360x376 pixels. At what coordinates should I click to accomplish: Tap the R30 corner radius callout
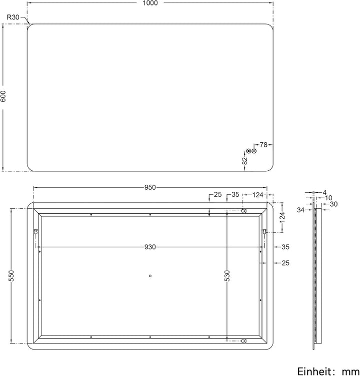click(x=13, y=17)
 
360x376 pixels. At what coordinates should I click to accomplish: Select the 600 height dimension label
click(x=3, y=97)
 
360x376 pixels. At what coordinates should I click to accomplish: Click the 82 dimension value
click(x=244, y=160)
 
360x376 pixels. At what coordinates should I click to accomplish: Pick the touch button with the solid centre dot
click(x=248, y=151)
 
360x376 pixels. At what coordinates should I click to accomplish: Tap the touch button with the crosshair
click(x=254, y=151)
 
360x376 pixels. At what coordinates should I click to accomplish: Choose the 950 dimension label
click(x=150, y=188)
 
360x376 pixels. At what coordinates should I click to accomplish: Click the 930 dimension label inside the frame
click(x=150, y=247)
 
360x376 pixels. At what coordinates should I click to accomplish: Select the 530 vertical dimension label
click(x=227, y=276)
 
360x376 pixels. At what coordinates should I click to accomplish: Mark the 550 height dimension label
click(x=11, y=276)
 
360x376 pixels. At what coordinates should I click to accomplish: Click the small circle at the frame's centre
click(x=150, y=275)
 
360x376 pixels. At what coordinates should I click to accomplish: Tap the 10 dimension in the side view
click(x=328, y=198)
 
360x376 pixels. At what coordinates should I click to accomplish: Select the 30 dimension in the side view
click(x=334, y=204)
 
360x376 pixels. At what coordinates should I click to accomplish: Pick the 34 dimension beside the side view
click(x=301, y=210)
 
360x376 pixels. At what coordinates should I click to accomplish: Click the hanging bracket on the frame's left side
click(x=36, y=232)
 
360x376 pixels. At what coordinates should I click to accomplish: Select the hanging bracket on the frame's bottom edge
click(x=243, y=341)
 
